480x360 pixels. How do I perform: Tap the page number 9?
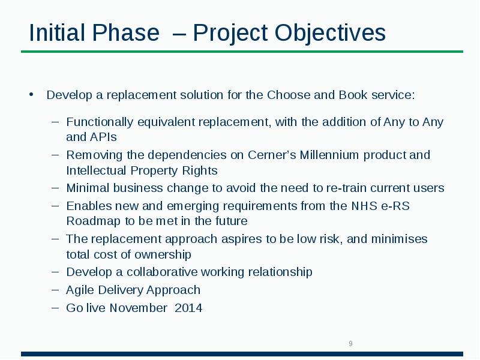pos(350,344)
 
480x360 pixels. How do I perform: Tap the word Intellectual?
pos(98,170)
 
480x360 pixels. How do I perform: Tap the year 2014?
pos(188,308)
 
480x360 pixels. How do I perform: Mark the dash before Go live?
pos(55,307)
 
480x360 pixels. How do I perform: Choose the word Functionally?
pos(100,122)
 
